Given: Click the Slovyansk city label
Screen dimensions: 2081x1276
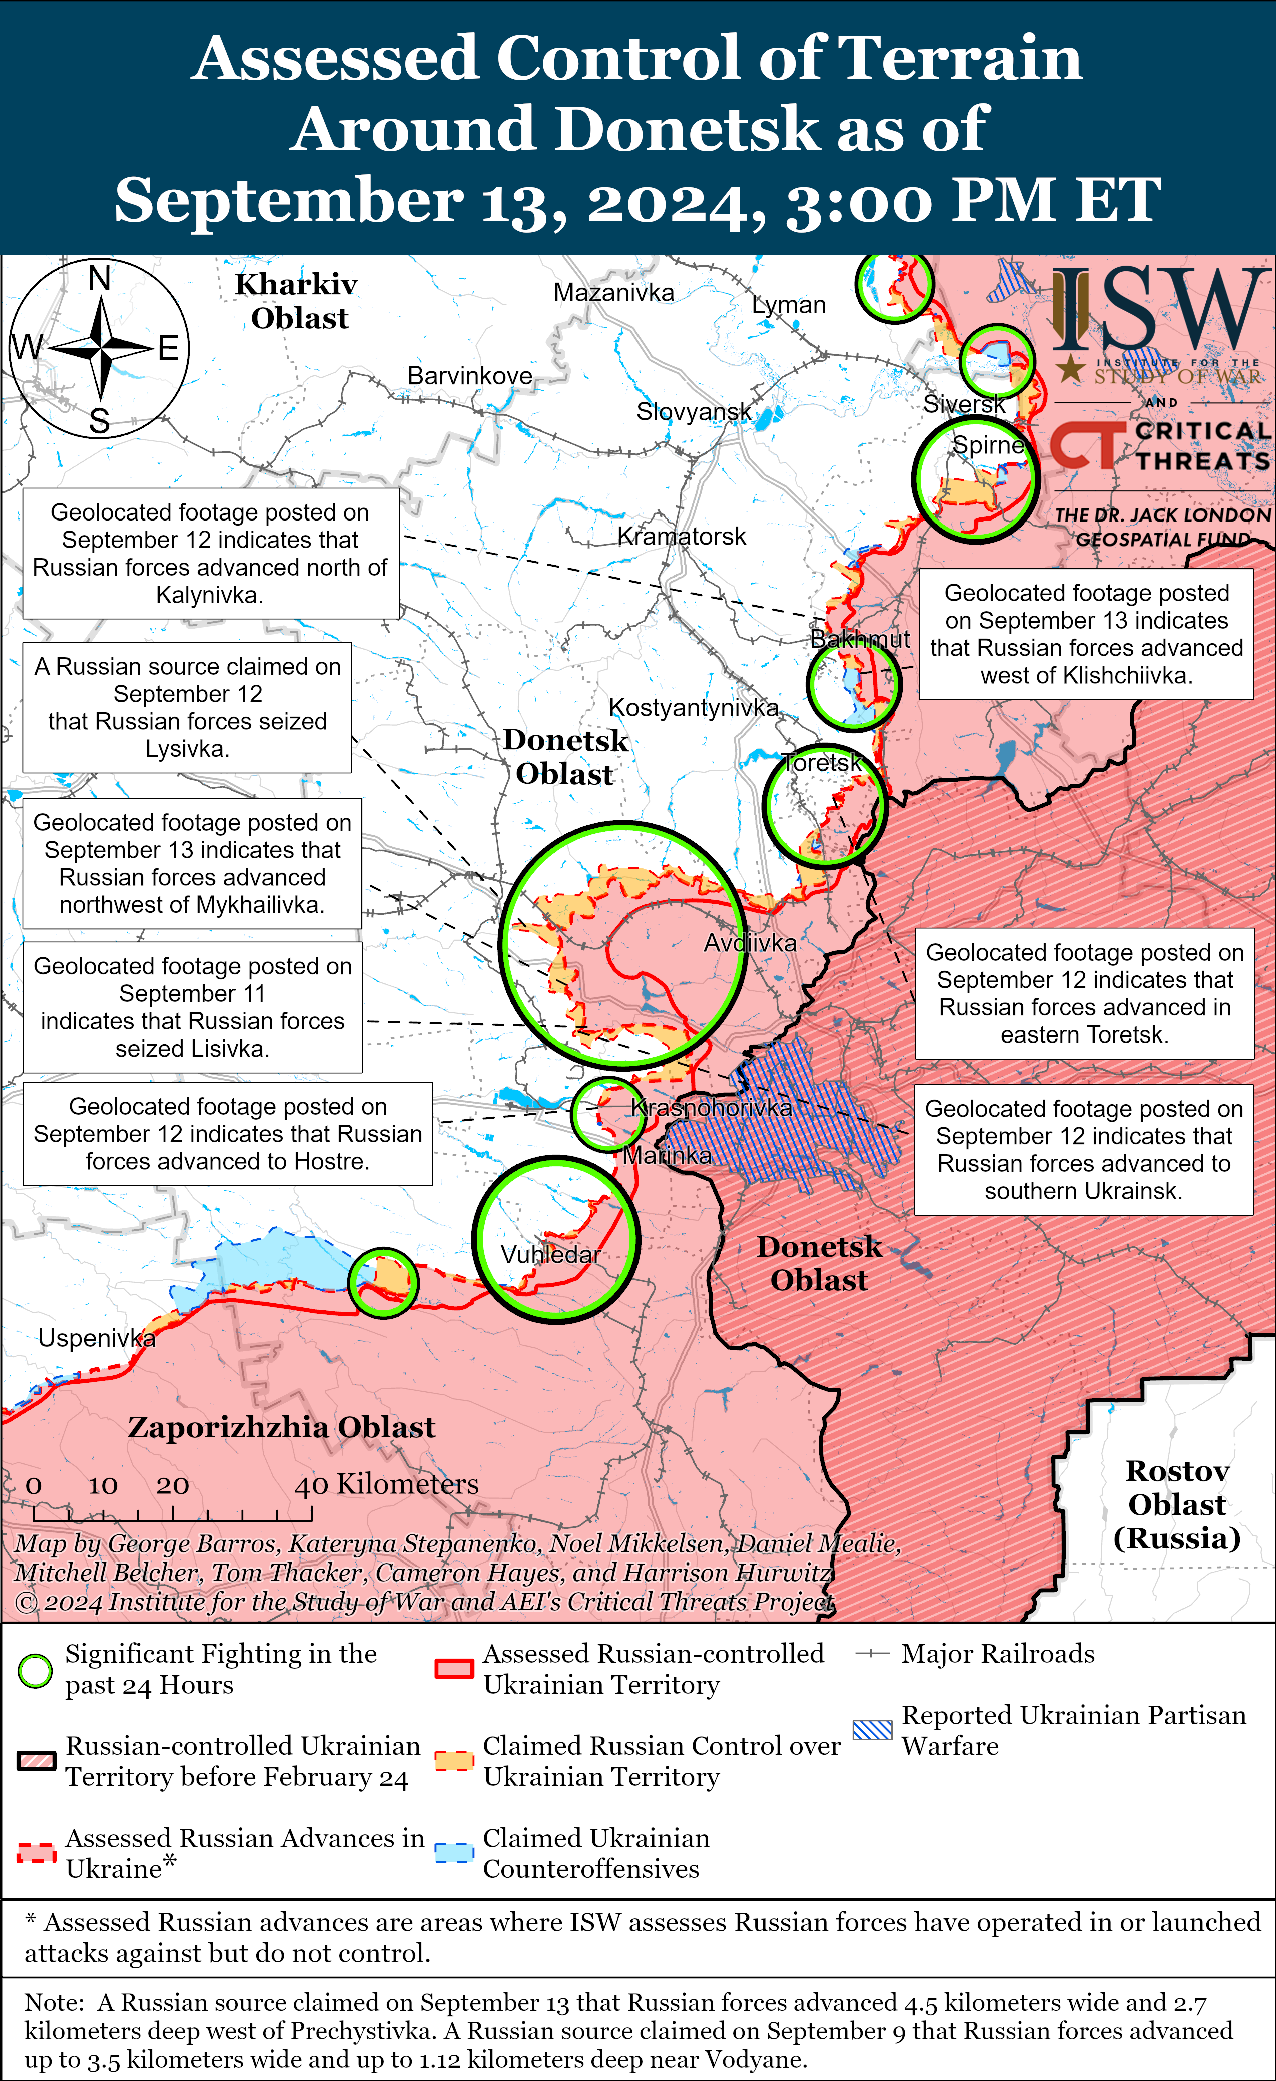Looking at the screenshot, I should (x=694, y=412).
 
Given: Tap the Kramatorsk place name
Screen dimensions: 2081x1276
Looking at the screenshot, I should (x=682, y=537).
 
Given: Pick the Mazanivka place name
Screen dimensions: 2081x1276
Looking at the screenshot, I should (x=614, y=293).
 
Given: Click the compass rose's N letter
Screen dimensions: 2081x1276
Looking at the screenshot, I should (x=100, y=278).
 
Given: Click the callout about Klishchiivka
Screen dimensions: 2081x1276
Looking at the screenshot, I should (x=1086, y=634).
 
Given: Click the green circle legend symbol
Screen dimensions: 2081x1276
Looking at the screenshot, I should (x=36, y=1671).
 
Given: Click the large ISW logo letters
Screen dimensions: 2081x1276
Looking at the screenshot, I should (x=1158, y=310).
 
